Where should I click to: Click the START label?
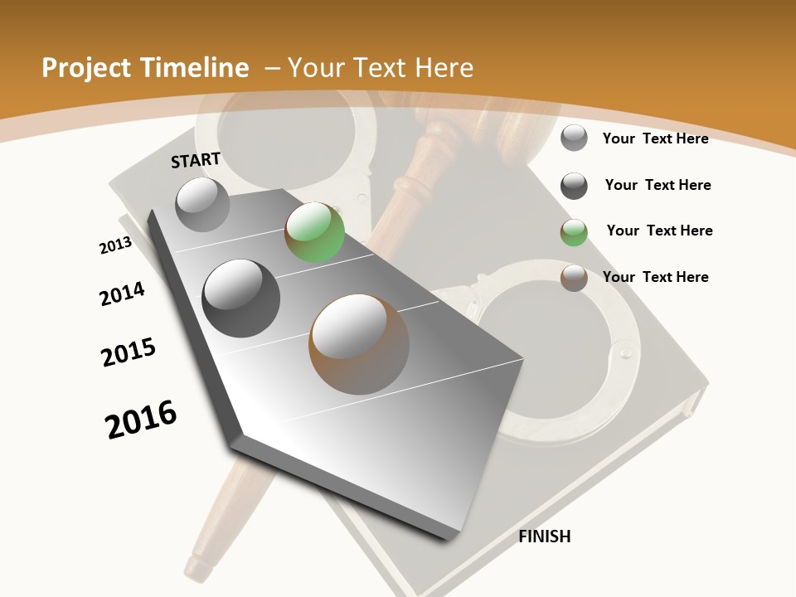point(196,160)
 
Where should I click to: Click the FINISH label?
point(545,536)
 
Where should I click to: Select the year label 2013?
point(115,245)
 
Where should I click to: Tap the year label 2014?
point(122,294)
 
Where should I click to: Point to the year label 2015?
point(129,352)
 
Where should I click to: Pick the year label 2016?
point(141,419)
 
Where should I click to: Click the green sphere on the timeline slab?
point(315,233)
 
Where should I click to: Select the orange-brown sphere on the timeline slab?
point(359,343)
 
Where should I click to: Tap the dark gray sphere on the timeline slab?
point(240,298)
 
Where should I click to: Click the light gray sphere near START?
point(203,204)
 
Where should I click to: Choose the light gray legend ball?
point(574,138)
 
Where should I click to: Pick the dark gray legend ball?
point(574,186)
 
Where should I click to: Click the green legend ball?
point(574,232)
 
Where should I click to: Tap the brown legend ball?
point(574,278)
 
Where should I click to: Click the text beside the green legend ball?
point(659,231)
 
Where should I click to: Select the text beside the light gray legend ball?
point(655,138)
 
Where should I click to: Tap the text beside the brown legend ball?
point(655,277)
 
